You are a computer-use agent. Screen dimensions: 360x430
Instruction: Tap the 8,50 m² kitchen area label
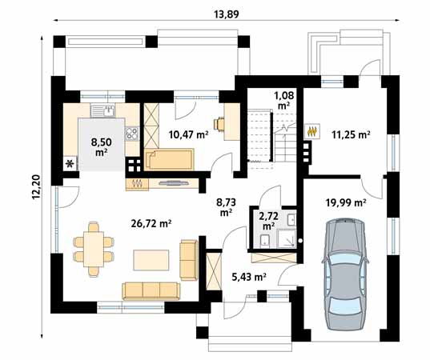point(100,146)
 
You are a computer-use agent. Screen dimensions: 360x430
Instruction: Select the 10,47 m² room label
point(188,135)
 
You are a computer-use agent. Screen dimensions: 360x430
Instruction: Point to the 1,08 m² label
point(283,100)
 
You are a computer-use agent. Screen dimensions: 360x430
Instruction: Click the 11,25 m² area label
point(351,135)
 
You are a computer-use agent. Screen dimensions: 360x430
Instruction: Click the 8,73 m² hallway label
point(225,209)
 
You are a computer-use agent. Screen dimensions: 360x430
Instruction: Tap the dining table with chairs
point(92,246)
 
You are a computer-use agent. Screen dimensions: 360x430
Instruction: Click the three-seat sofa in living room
point(152,290)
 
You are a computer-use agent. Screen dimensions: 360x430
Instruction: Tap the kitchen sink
point(104,111)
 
